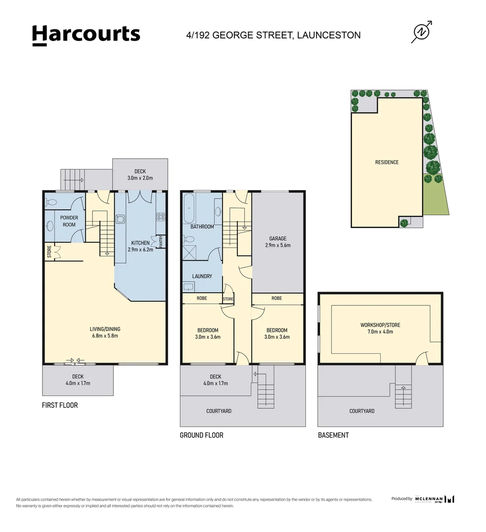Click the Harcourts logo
pyautogui.click(x=86, y=35)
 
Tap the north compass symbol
pyautogui.click(x=421, y=32)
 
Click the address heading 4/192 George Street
pyautogui.click(x=273, y=35)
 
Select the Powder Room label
pyautogui.click(x=69, y=221)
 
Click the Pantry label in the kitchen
pyautogui.click(x=161, y=241)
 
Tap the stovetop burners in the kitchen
pyautogui.click(x=161, y=216)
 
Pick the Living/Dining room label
pyautogui.click(x=105, y=332)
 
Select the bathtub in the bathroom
pyautogui.click(x=189, y=209)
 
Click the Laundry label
pyautogui.click(x=202, y=276)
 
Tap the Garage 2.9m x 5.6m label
pyautogui.click(x=278, y=242)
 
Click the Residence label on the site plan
pyautogui.click(x=387, y=162)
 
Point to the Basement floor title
pyautogui.click(x=333, y=435)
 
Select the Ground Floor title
pyautogui.click(x=201, y=435)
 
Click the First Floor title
pyautogui.click(x=60, y=405)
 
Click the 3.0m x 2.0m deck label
pyautogui.click(x=140, y=175)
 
